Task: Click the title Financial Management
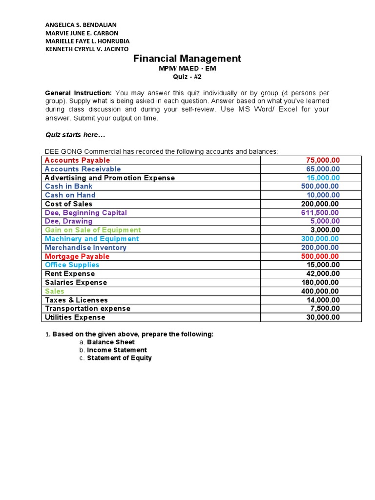coord(187,59)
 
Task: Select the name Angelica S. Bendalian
coord(81,24)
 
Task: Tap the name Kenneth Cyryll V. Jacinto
coord(86,49)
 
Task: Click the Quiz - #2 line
coord(187,77)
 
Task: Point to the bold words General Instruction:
coord(78,93)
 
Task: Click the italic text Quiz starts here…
coord(75,135)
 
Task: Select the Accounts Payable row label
coord(77,160)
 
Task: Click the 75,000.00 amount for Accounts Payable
coord(323,160)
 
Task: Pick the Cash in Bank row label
coord(68,187)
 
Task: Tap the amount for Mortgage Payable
coord(321,256)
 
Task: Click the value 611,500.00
coord(320,213)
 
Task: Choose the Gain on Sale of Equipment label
coord(93,230)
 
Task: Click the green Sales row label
coord(54,291)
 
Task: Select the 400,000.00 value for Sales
coord(321,291)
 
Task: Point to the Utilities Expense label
coord(75,317)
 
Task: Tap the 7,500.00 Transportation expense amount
coord(325,309)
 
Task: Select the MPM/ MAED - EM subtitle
coord(187,68)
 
